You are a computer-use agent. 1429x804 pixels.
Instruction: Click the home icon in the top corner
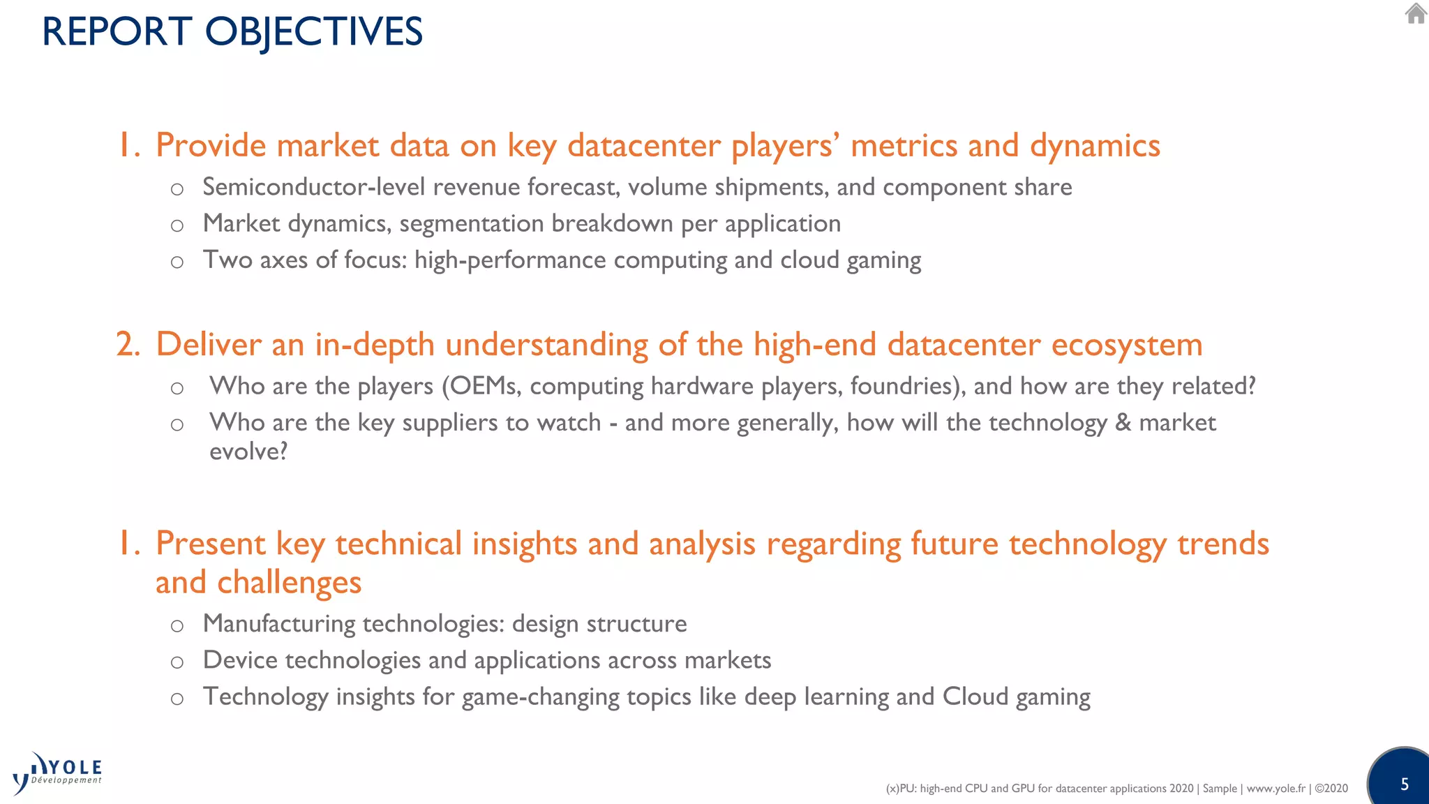point(1415,13)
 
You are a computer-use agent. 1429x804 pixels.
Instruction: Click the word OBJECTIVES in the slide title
point(313,32)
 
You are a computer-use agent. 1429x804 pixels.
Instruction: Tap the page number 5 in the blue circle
point(1405,784)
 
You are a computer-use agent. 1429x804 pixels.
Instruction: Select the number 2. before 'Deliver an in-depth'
point(128,345)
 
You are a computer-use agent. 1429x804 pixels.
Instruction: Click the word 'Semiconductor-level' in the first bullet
point(314,187)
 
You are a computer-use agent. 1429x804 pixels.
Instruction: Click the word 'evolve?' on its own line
point(248,452)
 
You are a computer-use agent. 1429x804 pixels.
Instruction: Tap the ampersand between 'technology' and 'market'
point(1123,422)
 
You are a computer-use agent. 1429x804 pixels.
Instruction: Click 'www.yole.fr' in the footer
point(1275,789)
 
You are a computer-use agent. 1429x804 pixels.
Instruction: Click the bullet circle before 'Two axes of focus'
point(177,262)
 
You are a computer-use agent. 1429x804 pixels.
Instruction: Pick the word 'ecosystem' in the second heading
point(1126,345)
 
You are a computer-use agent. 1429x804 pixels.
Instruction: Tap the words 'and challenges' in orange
point(258,583)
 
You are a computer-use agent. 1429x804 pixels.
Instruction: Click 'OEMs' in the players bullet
point(485,386)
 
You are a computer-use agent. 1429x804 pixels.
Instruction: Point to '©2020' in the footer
point(1331,789)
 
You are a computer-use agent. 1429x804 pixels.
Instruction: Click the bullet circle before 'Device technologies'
point(177,662)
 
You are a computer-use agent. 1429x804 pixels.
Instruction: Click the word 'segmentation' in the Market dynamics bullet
point(471,223)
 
